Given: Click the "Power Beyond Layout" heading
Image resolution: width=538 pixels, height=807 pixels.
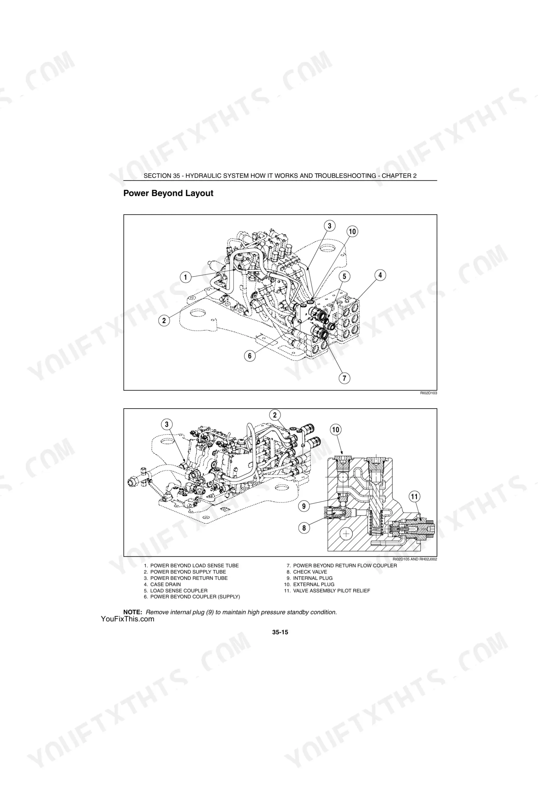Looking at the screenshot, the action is pos(168,193).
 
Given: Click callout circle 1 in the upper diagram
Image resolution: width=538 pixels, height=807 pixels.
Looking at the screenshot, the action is pos(186,277).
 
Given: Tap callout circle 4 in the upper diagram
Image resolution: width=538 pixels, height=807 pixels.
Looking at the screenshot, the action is pos(380,275).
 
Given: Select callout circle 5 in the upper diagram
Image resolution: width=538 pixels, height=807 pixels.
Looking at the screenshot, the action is pos(344,276).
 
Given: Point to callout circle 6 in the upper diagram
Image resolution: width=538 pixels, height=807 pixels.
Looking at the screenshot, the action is pos(250,356).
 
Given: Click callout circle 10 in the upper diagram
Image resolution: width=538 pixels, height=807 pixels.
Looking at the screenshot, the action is pos(352,231).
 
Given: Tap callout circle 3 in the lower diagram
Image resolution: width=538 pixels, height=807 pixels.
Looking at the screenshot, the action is pos(167,424).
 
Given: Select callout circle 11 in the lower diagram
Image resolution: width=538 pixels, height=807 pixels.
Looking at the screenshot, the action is pos(414,496).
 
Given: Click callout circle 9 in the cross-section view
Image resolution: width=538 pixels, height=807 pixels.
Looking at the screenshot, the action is pos(304,506).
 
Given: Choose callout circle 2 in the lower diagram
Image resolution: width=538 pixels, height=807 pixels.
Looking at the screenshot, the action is pos(275,415).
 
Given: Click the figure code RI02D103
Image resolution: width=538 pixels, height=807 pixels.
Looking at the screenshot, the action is pos(429,393).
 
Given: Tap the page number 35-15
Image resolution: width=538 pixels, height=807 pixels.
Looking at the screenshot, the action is pos(280,632).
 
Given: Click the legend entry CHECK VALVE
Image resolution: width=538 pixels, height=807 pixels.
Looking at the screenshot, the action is pos(307,572).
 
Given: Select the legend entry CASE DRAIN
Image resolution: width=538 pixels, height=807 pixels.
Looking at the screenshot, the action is pos(162,584).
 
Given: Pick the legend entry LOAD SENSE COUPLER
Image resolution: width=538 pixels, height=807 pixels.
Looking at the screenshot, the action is pos(176,590).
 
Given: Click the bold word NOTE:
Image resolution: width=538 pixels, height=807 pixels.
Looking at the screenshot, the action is pos(133,612).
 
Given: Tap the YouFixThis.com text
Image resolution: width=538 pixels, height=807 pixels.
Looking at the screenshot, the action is pos(128,619).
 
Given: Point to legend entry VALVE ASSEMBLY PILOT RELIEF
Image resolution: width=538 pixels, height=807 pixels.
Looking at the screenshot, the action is pos(327,590).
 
